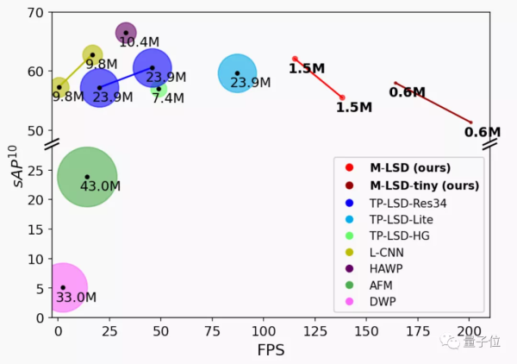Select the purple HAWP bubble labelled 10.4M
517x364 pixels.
(126, 33)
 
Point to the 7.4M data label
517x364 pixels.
(168, 98)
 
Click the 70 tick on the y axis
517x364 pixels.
(35, 13)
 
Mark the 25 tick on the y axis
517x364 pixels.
(35, 171)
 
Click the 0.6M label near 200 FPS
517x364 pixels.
(482, 132)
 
